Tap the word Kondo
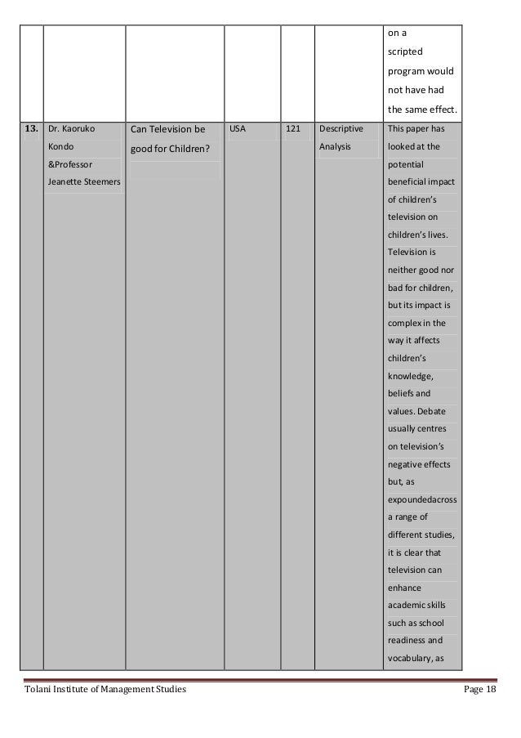[61, 147]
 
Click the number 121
[293, 129]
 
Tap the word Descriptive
[342, 129]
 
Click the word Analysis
[335, 147]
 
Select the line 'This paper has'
[416, 129]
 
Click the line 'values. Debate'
[416, 410]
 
